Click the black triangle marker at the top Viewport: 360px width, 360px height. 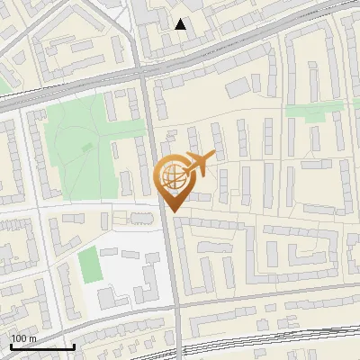181,24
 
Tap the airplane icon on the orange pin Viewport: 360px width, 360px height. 200,163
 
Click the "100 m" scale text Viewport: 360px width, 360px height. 23,338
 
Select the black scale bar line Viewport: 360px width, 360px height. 41,346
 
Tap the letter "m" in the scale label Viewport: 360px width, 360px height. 32,338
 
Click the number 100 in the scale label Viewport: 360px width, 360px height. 19,338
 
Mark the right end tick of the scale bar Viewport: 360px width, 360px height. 74,345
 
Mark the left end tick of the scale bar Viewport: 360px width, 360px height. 10,345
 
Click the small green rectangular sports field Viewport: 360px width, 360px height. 88,265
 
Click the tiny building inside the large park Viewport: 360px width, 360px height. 86,145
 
